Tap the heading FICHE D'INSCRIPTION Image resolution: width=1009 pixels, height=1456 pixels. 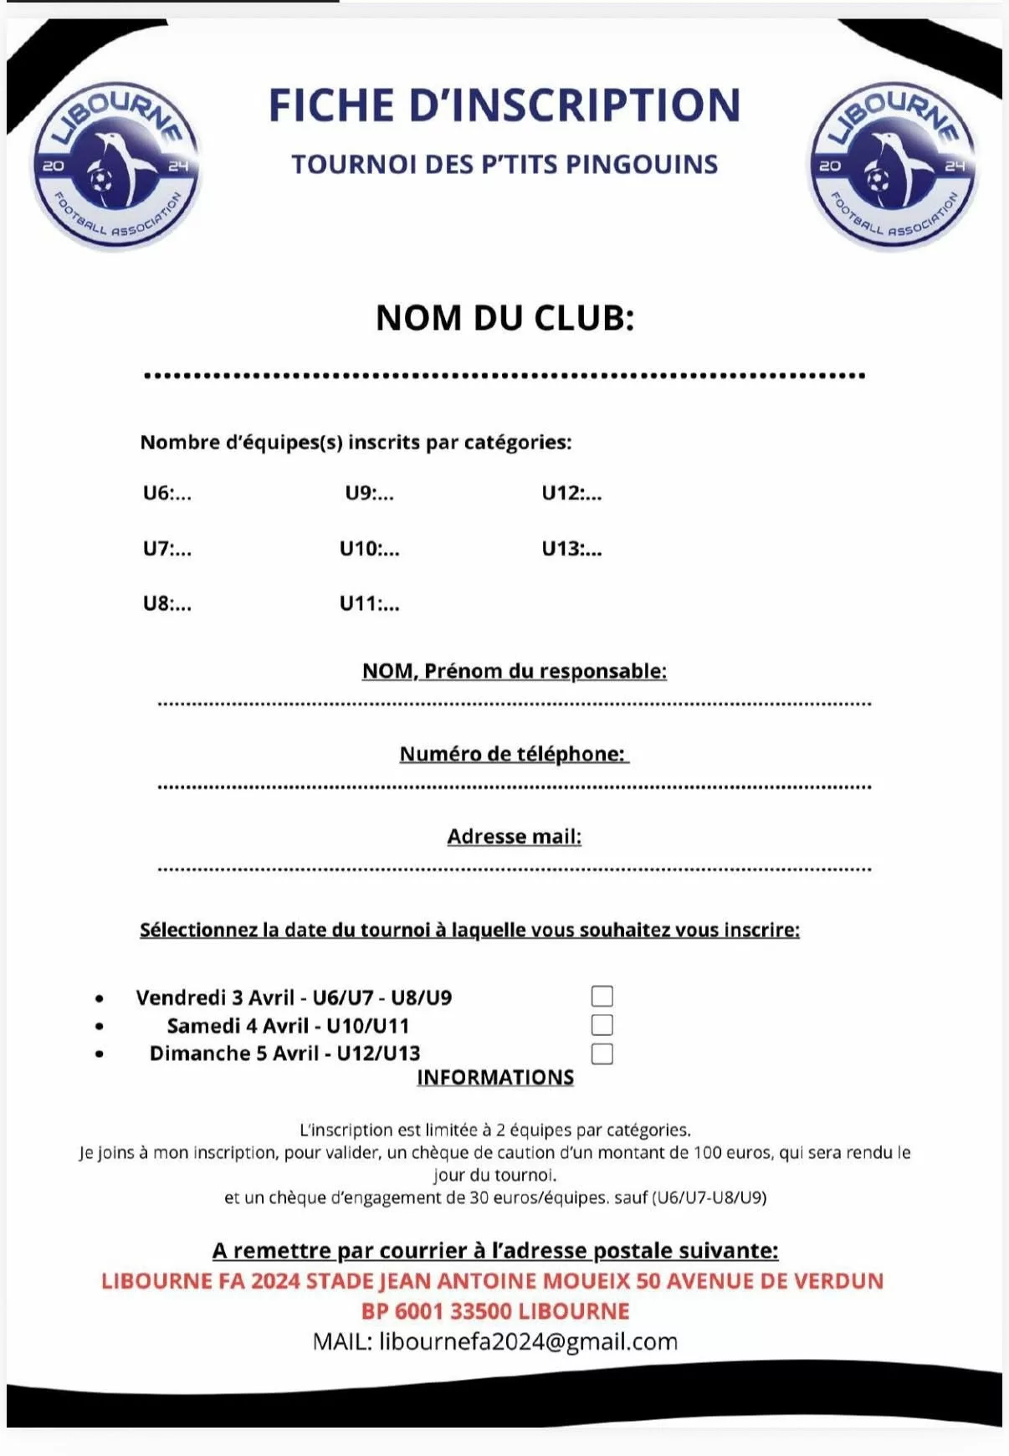[504, 105]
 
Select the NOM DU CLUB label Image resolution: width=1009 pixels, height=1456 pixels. [504, 318]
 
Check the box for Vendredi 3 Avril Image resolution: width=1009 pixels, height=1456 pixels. [602, 996]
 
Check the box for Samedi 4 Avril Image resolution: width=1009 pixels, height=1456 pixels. [602, 1024]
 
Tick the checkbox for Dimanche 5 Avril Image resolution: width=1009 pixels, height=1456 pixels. [602, 1053]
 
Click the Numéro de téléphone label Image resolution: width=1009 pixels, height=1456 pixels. [513, 754]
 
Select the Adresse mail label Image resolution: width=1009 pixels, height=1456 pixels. [514, 837]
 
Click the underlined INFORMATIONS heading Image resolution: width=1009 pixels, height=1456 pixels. [495, 1078]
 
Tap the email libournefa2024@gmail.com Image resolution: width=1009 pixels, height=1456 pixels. [528, 1341]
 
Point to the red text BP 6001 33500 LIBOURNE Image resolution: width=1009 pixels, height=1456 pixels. [495, 1311]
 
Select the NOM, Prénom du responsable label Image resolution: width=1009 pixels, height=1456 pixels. [514, 671]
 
